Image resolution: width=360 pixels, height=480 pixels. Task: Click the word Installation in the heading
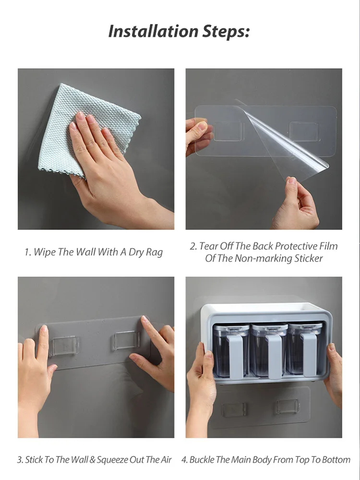(153, 31)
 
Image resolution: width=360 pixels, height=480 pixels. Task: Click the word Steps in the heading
(226, 32)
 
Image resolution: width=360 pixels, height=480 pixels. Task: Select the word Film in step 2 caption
(328, 246)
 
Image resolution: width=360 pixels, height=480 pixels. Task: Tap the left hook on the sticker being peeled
(228, 132)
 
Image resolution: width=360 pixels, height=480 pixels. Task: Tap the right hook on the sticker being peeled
(304, 132)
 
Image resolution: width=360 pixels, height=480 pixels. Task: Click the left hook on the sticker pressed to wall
(65, 346)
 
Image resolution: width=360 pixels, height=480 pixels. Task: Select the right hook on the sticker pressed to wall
(126, 340)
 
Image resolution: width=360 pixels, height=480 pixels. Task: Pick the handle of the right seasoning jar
(309, 355)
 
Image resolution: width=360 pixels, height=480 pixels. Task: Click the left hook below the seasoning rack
(235, 410)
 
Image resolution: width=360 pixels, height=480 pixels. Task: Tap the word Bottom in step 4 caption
(336, 460)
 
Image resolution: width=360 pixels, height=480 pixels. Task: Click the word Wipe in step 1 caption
(44, 252)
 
